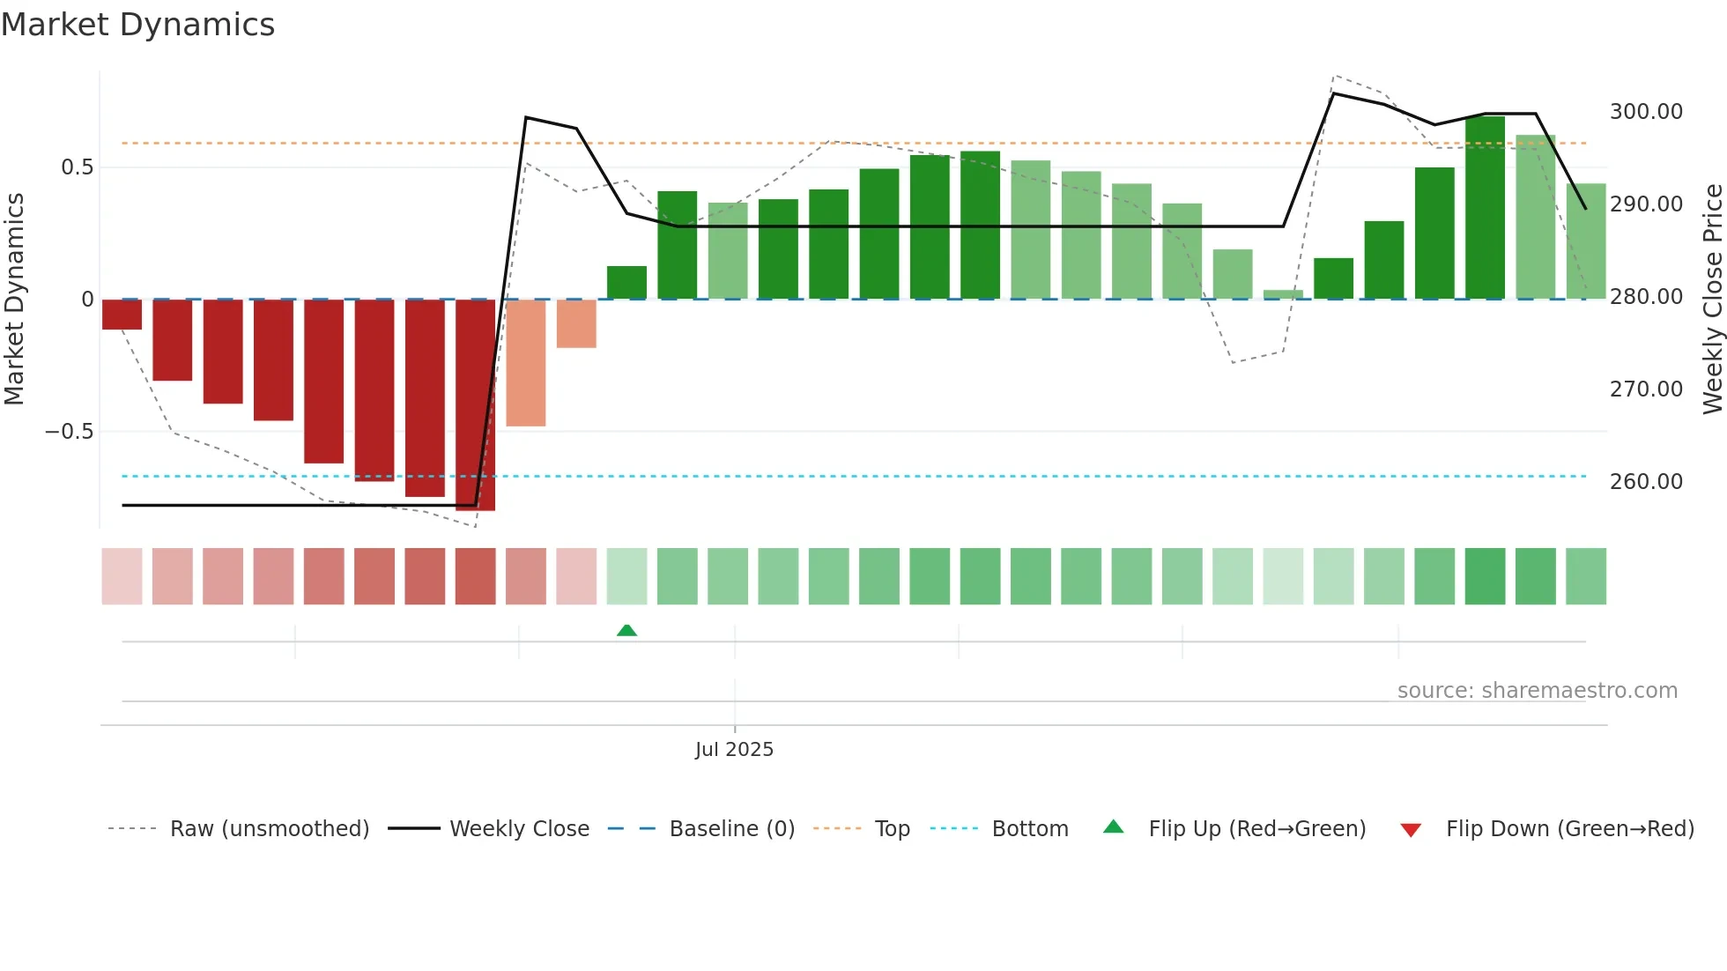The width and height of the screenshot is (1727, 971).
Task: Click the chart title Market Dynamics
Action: pyautogui.click(x=138, y=25)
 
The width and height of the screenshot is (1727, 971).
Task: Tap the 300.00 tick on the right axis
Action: pyautogui.click(x=1645, y=112)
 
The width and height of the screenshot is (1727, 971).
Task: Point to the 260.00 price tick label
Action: pyautogui.click(x=1645, y=482)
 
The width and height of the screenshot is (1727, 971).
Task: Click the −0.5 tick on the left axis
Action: pyautogui.click(x=69, y=432)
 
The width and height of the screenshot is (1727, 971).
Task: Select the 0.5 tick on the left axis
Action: pyautogui.click(x=77, y=167)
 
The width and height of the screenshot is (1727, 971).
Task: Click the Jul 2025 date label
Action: pyautogui.click(x=734, y=750)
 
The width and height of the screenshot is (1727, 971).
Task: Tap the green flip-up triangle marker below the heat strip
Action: pyautogui.click(x=626, y=630)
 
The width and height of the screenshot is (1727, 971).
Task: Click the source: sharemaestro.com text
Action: pyautogui.click(x=1537, y=691)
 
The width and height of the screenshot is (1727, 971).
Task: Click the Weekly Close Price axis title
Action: pyautogui.click(x=1712, y=300)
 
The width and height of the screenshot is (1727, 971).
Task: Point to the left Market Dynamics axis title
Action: pyautogui.click(x=14, y=300)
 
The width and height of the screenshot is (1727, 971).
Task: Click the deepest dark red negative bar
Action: pyautogui.click(x=476, y=405)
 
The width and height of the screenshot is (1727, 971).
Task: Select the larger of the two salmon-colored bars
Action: pyautogui.click(x=526, y=363)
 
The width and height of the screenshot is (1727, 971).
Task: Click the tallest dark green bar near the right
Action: pyautogui.click(x=1485, y=208)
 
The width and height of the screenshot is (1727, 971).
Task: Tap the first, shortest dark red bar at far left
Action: pyautogui.click(x=122, y=315)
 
